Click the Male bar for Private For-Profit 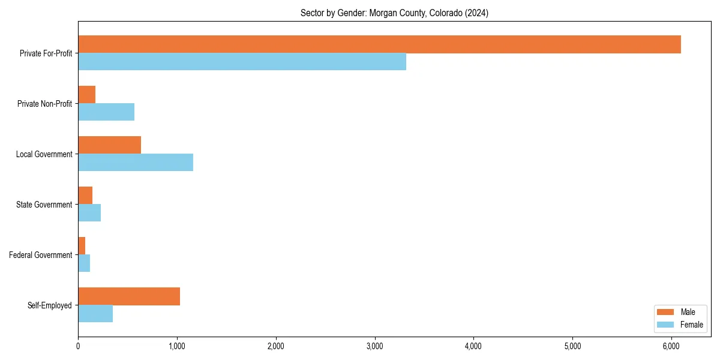coord(379,44)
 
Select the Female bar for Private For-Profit coord(242,62)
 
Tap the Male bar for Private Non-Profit coord(87,95)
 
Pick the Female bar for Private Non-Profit coord(106,112)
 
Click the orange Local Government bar coord(110,145)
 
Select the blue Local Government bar coord(136,163)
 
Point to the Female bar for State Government coord(89,213)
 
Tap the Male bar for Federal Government coord(82,246)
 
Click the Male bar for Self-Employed coord(129,296)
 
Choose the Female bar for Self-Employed coord(95,314)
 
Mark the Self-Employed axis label coord(50,305)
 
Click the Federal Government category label coord(41,255)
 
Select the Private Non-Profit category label coord(44,104)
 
